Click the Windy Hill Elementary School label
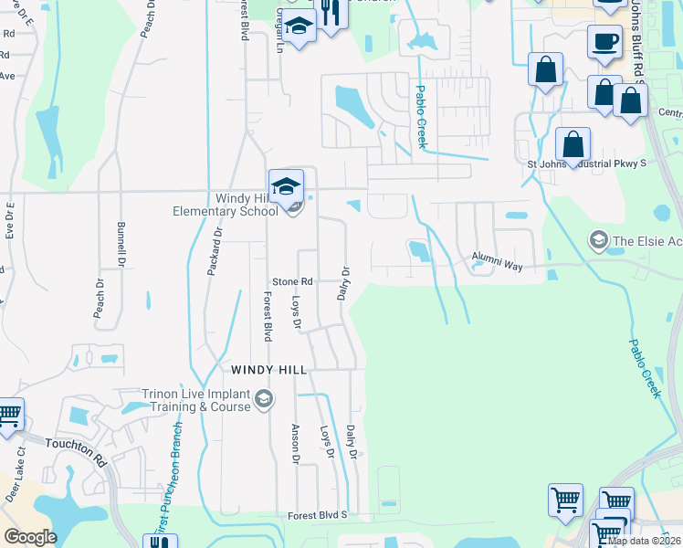tap(226, 205)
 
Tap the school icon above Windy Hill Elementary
tap(286, 185)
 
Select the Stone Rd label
tap(293, 281)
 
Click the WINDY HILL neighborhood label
tap(269, 370)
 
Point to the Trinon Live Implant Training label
tap(195, 401)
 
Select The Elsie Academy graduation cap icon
tap(599, 240)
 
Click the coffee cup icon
tap(605, 41)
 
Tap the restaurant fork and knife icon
tap(330, 13)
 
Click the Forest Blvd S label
tap(319, 515)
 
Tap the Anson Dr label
tap(295, 442)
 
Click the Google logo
tap(30, 537)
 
